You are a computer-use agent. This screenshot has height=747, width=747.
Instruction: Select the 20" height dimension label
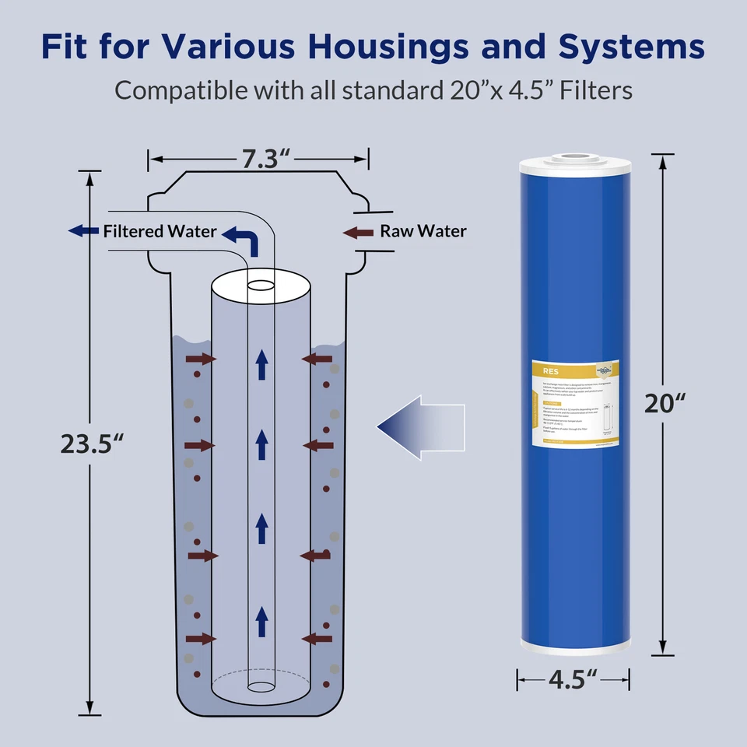(665, 402)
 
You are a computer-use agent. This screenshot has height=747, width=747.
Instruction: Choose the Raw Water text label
(423, 231)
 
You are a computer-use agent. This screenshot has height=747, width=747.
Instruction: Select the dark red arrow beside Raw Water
(358, 231)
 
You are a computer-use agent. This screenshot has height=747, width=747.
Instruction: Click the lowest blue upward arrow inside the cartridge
(262, 621)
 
